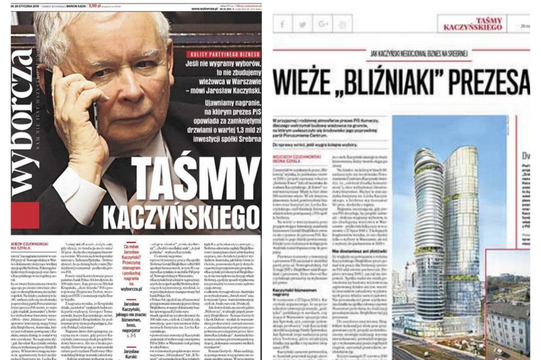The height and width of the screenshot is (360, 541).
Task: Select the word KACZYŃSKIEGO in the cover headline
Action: pos(182,216)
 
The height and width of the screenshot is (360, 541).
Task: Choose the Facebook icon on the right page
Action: pos(282,24)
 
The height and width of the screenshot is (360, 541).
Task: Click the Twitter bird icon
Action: pos(302,24)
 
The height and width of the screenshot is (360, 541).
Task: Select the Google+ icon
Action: pos(322,24)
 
